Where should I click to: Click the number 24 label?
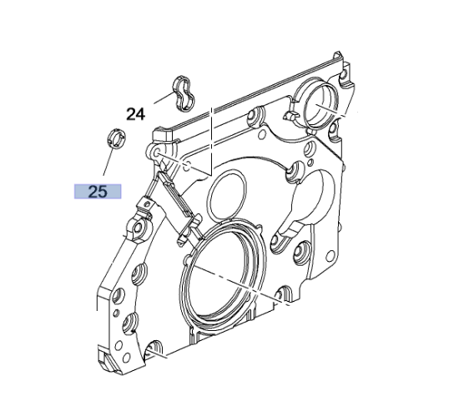pos(136,114)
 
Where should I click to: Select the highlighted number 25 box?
pos(98,192)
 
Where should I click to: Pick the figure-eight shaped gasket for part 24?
pos(184,93)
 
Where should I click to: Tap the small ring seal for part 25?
pos(117,138)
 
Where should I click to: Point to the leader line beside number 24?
pos(164,98)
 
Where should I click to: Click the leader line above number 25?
pos(108,162)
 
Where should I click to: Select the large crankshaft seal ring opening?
pos(223,273)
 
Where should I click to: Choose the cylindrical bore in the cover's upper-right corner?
pos(320,105)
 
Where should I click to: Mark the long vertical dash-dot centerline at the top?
pos(211,141)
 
